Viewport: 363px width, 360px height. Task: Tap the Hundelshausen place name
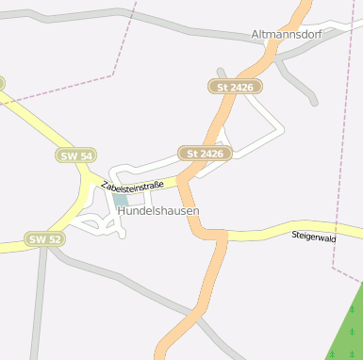coord(158,212)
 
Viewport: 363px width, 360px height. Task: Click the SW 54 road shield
coord(75,155)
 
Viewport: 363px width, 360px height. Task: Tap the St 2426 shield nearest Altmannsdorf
coord(235,87)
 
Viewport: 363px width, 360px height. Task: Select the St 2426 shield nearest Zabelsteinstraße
coord(206,153)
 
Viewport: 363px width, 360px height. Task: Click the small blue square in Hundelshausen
coord(120,200)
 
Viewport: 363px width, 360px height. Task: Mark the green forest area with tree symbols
coord(345,330)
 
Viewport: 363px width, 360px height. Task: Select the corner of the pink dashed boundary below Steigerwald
coord(335,268)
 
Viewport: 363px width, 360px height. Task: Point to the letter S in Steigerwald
coord(294,235)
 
